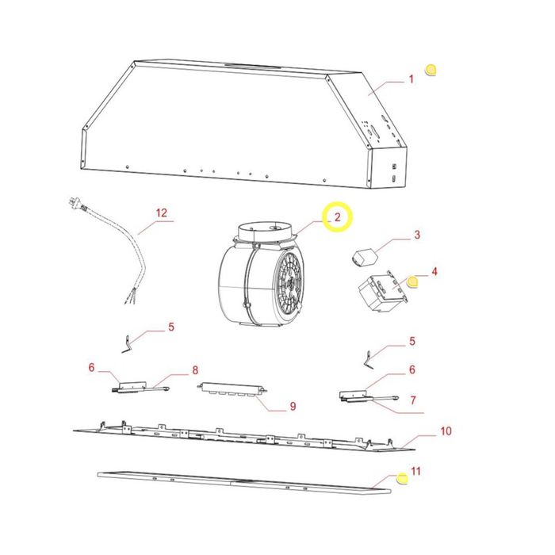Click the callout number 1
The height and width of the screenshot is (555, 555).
coord(411,79)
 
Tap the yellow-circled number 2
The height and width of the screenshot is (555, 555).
coord(337,216)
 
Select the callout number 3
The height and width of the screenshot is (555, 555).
coord(417,235)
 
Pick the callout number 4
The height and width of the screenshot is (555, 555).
coord(434,271)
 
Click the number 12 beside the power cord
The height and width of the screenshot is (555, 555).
coord(162,212)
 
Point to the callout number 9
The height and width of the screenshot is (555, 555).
coord(293,406)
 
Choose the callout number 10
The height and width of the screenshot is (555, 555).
coord(446,431)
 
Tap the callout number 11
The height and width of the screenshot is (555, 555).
coord(415,471)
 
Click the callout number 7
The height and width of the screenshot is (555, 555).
coord(413,400)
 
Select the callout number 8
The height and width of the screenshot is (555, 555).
coord(195,370)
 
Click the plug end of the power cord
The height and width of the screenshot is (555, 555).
coord(75,203)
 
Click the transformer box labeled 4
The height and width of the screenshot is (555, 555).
coord(382,293)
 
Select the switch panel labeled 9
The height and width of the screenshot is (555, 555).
coord(232,389)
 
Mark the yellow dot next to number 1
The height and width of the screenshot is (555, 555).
coord(431,70)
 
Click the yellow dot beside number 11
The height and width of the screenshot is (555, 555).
coord(402,478)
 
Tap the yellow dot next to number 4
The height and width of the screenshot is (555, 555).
coord(413,282)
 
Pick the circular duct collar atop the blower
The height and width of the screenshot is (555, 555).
coord(264,232)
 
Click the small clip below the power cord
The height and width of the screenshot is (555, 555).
coord(126,344)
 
